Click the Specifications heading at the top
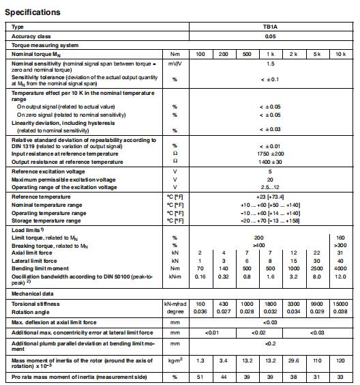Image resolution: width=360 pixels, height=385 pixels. point(33,12)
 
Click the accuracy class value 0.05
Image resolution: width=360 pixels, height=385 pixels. point(270,37)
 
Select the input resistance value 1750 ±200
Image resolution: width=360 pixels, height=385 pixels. point(270,154)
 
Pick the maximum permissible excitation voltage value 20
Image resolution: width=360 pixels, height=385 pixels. point(270,180)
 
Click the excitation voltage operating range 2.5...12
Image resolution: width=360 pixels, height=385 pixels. point(270,187)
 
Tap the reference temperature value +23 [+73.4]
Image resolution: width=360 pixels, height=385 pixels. point(270,197)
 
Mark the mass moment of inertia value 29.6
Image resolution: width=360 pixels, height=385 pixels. point(295,359)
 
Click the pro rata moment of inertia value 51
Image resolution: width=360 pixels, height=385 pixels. point(200,375)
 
